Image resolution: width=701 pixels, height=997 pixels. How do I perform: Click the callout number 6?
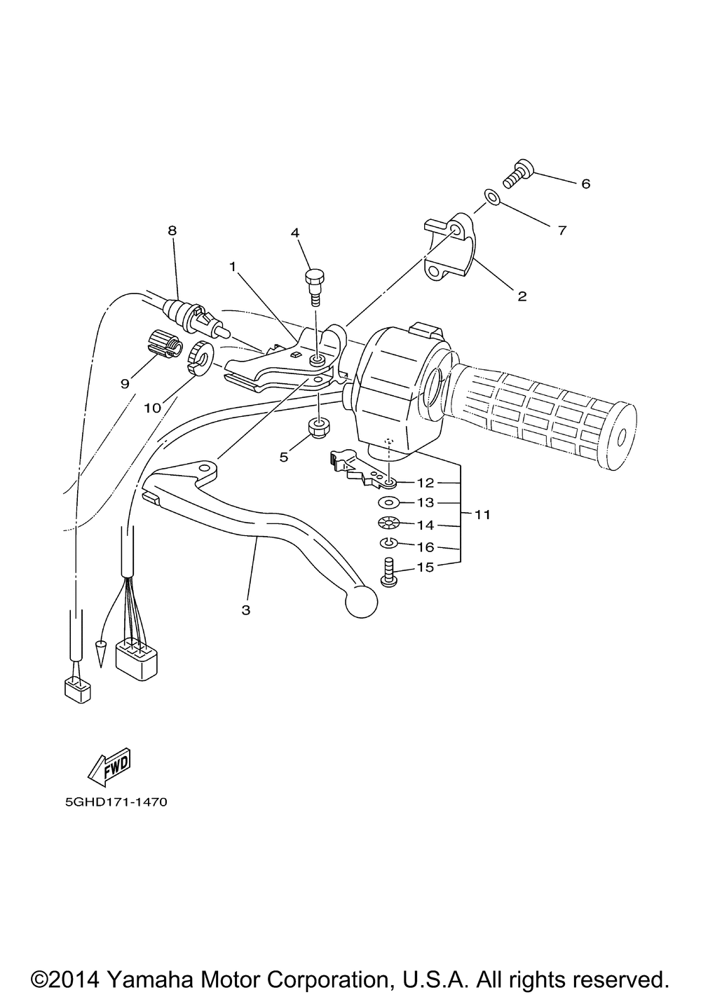click(585, 184)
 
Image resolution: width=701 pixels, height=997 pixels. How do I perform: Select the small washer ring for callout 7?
click(493, 198)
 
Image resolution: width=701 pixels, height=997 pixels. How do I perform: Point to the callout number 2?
click(522, 296)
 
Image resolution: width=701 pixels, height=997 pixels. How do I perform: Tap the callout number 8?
click(172, 230)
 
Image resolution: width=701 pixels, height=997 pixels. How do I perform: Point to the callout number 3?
click(245, 610)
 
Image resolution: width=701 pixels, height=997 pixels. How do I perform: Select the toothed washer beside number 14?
click(387, 523)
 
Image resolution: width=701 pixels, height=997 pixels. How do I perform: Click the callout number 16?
click(426, 546)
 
